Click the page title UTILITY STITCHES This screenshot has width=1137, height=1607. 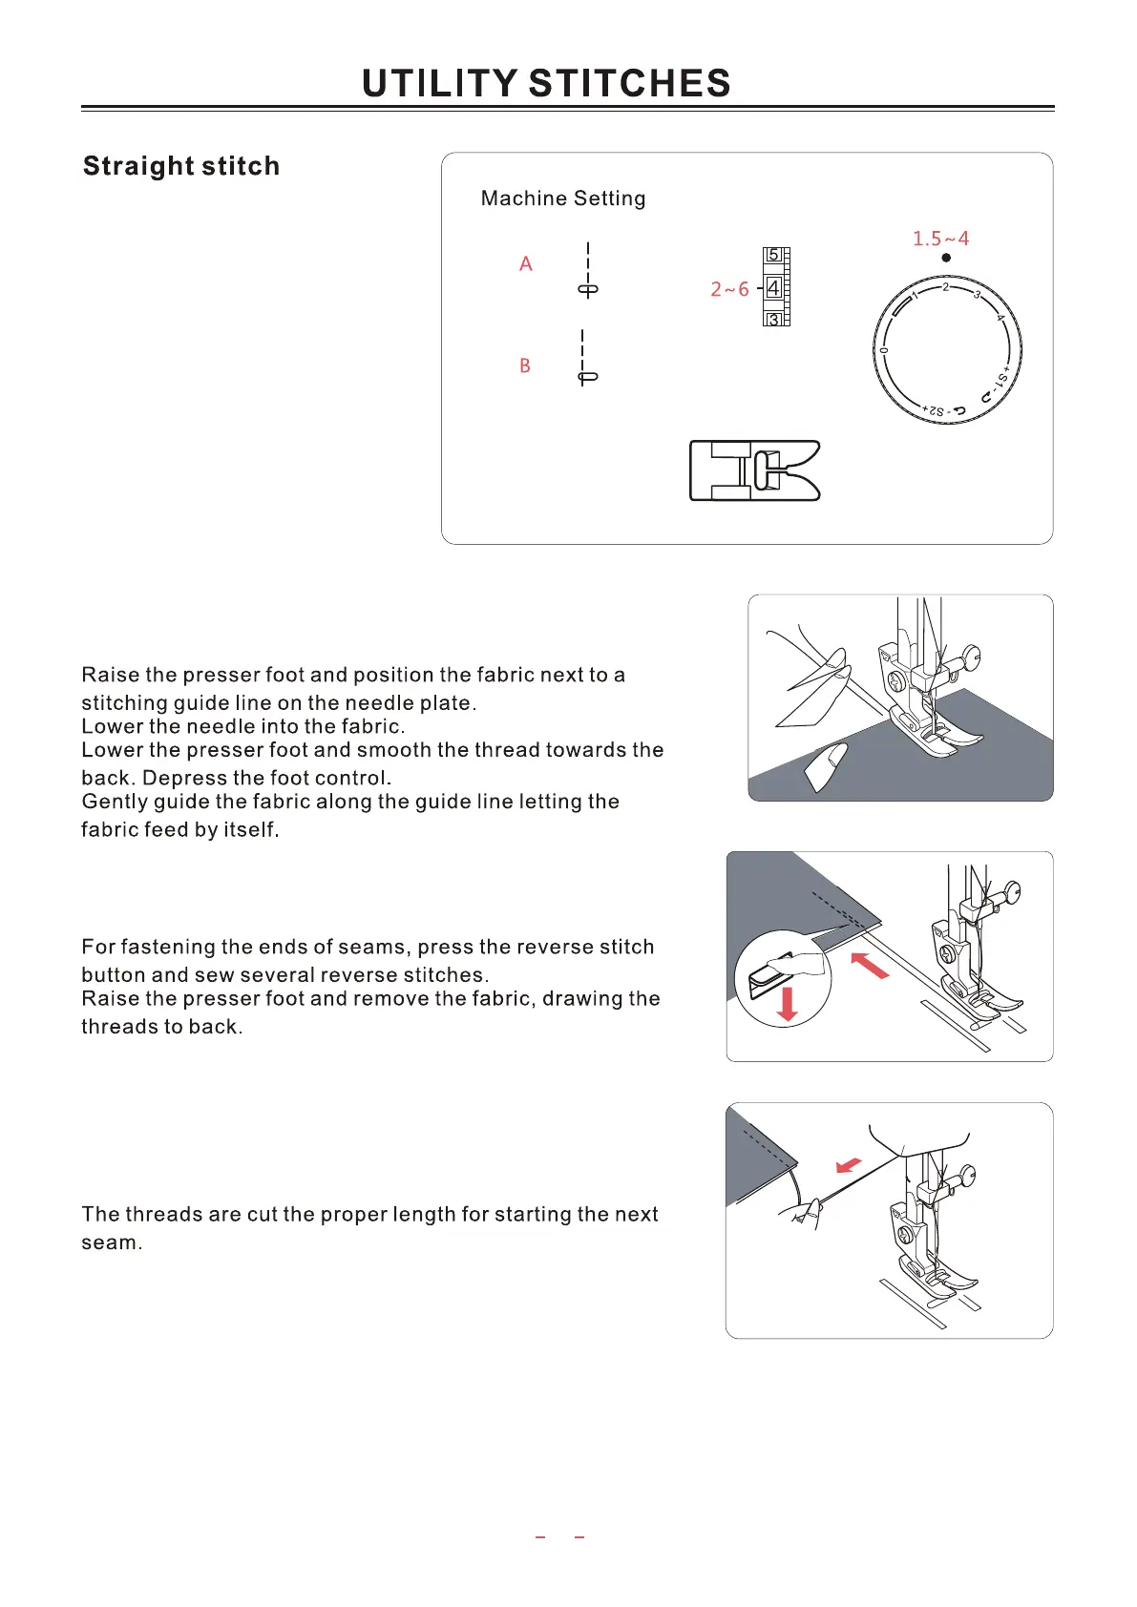546,84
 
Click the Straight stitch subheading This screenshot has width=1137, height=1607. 181,166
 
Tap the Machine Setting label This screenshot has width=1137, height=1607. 563,198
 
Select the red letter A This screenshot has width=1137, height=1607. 526,264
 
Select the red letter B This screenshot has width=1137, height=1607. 525,365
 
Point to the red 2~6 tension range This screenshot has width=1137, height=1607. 729,289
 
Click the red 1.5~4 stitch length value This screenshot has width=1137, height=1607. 940,239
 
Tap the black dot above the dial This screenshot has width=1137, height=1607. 946,258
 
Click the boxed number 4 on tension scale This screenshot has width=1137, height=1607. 773,287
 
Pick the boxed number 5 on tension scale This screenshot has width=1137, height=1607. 774,255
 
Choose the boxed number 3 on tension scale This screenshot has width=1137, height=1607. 774,320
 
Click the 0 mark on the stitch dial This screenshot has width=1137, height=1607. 884,350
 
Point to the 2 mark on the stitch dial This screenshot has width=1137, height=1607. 945,286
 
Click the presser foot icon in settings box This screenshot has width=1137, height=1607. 754,470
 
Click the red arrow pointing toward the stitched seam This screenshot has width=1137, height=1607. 869,965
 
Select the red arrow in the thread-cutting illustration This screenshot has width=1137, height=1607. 848,1166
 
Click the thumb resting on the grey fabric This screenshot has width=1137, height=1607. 826,765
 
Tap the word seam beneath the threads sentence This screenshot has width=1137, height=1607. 110,1242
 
